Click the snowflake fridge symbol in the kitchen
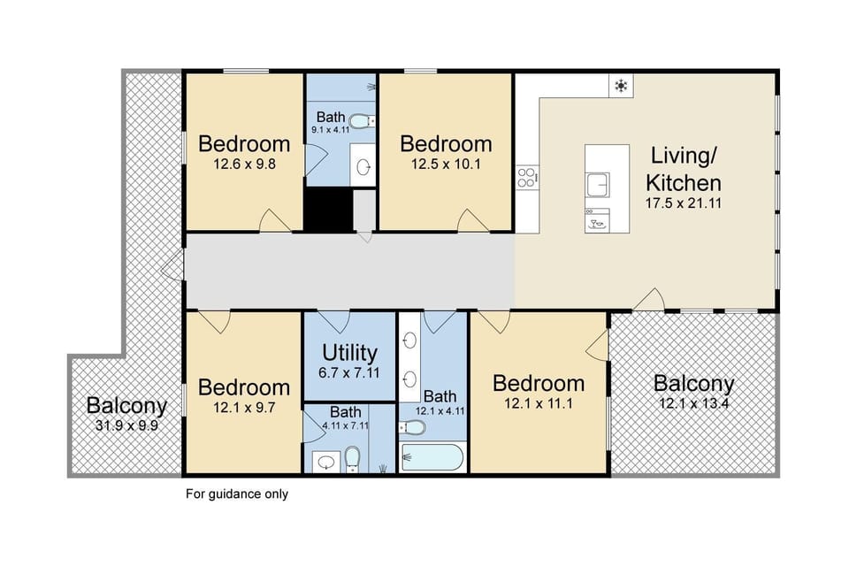point(622,86)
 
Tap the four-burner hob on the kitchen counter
point(527,178)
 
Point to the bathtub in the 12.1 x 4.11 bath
point(431,457)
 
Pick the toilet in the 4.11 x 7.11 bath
point(352,456)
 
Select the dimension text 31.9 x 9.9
point(126,425)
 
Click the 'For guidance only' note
point(237,494)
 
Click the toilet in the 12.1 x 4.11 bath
point(413,428)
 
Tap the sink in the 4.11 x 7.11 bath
point(325,462)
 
